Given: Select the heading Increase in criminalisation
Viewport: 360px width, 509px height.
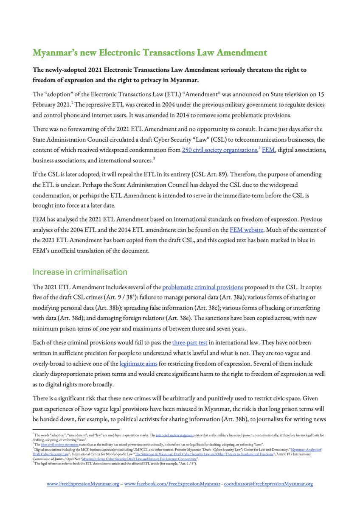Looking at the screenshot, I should (80, 271).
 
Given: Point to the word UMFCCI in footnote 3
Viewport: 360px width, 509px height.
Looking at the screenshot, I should (152, 449).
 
